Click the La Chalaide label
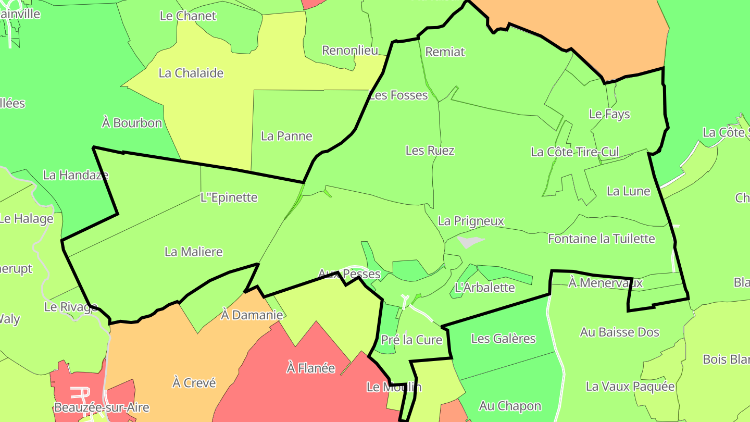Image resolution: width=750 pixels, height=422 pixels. (x=191, y=73)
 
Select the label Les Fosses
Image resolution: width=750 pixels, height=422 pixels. (x=398, y=95)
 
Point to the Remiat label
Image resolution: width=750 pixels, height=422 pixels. (x=445, y=52)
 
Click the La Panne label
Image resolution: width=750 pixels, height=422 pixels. (x=286, y=136)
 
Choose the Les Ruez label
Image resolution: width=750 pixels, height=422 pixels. (x=430, y=151)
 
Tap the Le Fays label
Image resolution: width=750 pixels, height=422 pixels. (x=609, y=114)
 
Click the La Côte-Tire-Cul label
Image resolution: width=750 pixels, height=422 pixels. (x=574, y=152)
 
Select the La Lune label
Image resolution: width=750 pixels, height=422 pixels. (x=628, y=191)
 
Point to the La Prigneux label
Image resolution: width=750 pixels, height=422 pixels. (x=471, y=221)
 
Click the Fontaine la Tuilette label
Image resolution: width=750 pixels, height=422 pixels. (x=601, y=239)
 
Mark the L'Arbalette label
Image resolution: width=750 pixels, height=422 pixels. (x=484, y=288)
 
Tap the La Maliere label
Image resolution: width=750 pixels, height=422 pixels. (x=194, y=252)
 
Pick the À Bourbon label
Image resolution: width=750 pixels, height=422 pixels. (x=132, y=123)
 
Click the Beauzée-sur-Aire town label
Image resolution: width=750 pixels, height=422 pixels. (x=102, y=407)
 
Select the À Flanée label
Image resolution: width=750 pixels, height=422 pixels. (x=311, y=368)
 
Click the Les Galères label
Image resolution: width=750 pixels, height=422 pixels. (x=503, y=339)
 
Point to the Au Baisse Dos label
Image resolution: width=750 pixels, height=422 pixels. (x=619, y=332)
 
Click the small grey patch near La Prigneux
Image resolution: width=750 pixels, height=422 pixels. (x=470, y=242)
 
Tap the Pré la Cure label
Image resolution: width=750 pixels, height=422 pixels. (x=411, y=340)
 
